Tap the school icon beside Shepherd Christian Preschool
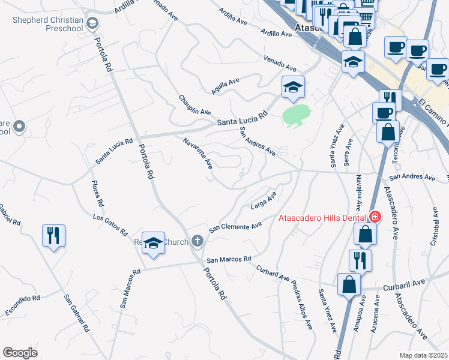tap(92, 24)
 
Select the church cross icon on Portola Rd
tap(197, 242)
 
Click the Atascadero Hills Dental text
tap(323, 218)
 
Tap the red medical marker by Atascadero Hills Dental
tap(375, 217)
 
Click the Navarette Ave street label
tap(198, 153)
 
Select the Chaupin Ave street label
tap(194, 104)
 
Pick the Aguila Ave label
tap(225, 86)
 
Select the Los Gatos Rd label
tap(110, 224)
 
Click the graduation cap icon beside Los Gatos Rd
tap(154, 243)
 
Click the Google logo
tap(20, 352)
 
